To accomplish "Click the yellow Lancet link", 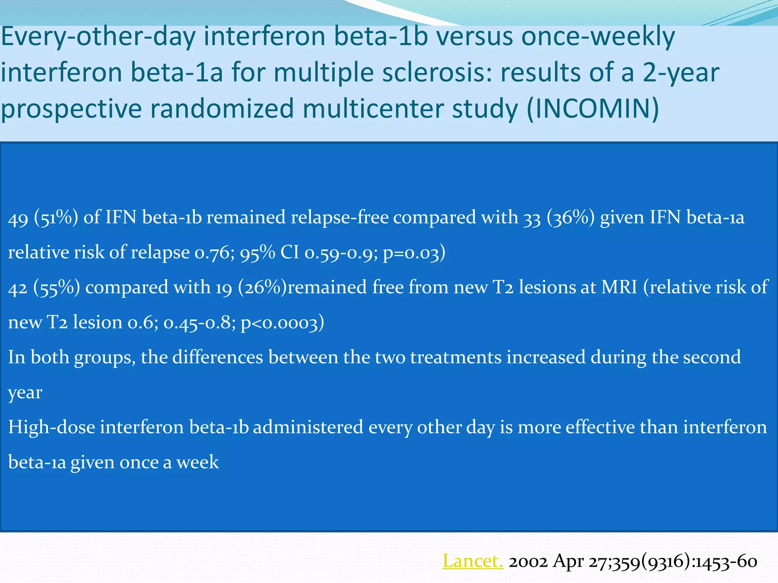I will [x=473, y=561].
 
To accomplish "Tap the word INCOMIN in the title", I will [x=593, y=109].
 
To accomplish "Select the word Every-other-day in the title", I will [x=98, y=37].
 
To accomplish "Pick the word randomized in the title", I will [x=222, y=109].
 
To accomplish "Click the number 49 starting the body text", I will [x=18, y=218].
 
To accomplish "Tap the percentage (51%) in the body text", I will [x=56, y=218].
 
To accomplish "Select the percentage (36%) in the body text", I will [x=570, y=218].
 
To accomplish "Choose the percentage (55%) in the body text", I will [x=57, y=288].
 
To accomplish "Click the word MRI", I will [x=619, y=287].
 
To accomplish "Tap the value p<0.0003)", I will [x=283, y=323].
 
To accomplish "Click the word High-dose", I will [x=52, y=427].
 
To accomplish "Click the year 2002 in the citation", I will [x=528, y=561].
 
